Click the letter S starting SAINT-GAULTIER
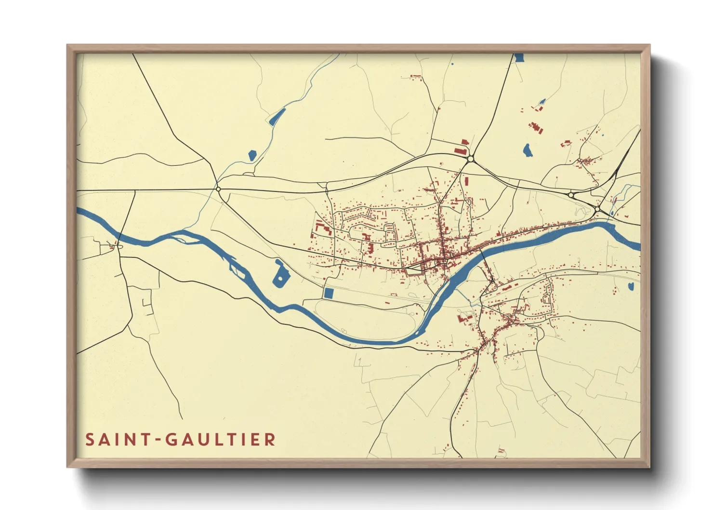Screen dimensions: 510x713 90,439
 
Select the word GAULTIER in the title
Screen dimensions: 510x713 220,439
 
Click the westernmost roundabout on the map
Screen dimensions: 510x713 218,189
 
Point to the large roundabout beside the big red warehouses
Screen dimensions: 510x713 470,159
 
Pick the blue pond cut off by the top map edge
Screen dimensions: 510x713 518,58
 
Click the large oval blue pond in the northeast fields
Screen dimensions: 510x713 528,150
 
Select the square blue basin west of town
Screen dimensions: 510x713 329,293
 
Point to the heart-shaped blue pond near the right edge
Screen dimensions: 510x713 631,287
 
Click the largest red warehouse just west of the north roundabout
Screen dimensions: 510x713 465,142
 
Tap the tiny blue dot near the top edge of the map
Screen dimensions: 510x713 452,64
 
